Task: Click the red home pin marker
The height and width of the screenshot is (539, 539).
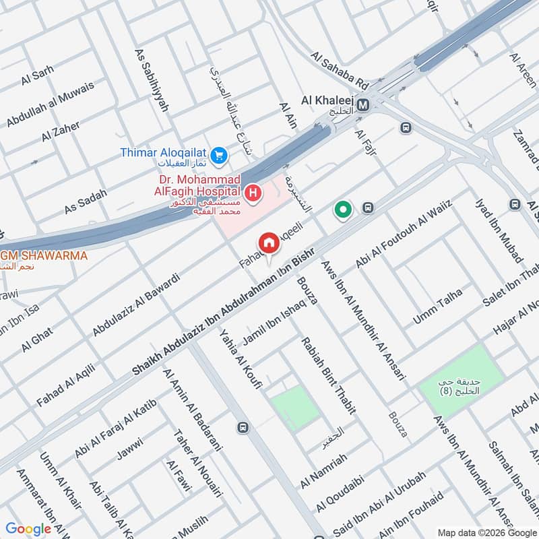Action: click(x=269, y=243)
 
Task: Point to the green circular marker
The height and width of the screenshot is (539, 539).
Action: click(x=344, y=211)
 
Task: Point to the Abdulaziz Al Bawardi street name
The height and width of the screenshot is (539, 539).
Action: click(x=136, y=304)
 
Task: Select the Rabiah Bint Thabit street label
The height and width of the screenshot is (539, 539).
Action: click(x=328, y=375)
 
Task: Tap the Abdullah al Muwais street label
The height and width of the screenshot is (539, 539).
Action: click(x=51, y=103)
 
